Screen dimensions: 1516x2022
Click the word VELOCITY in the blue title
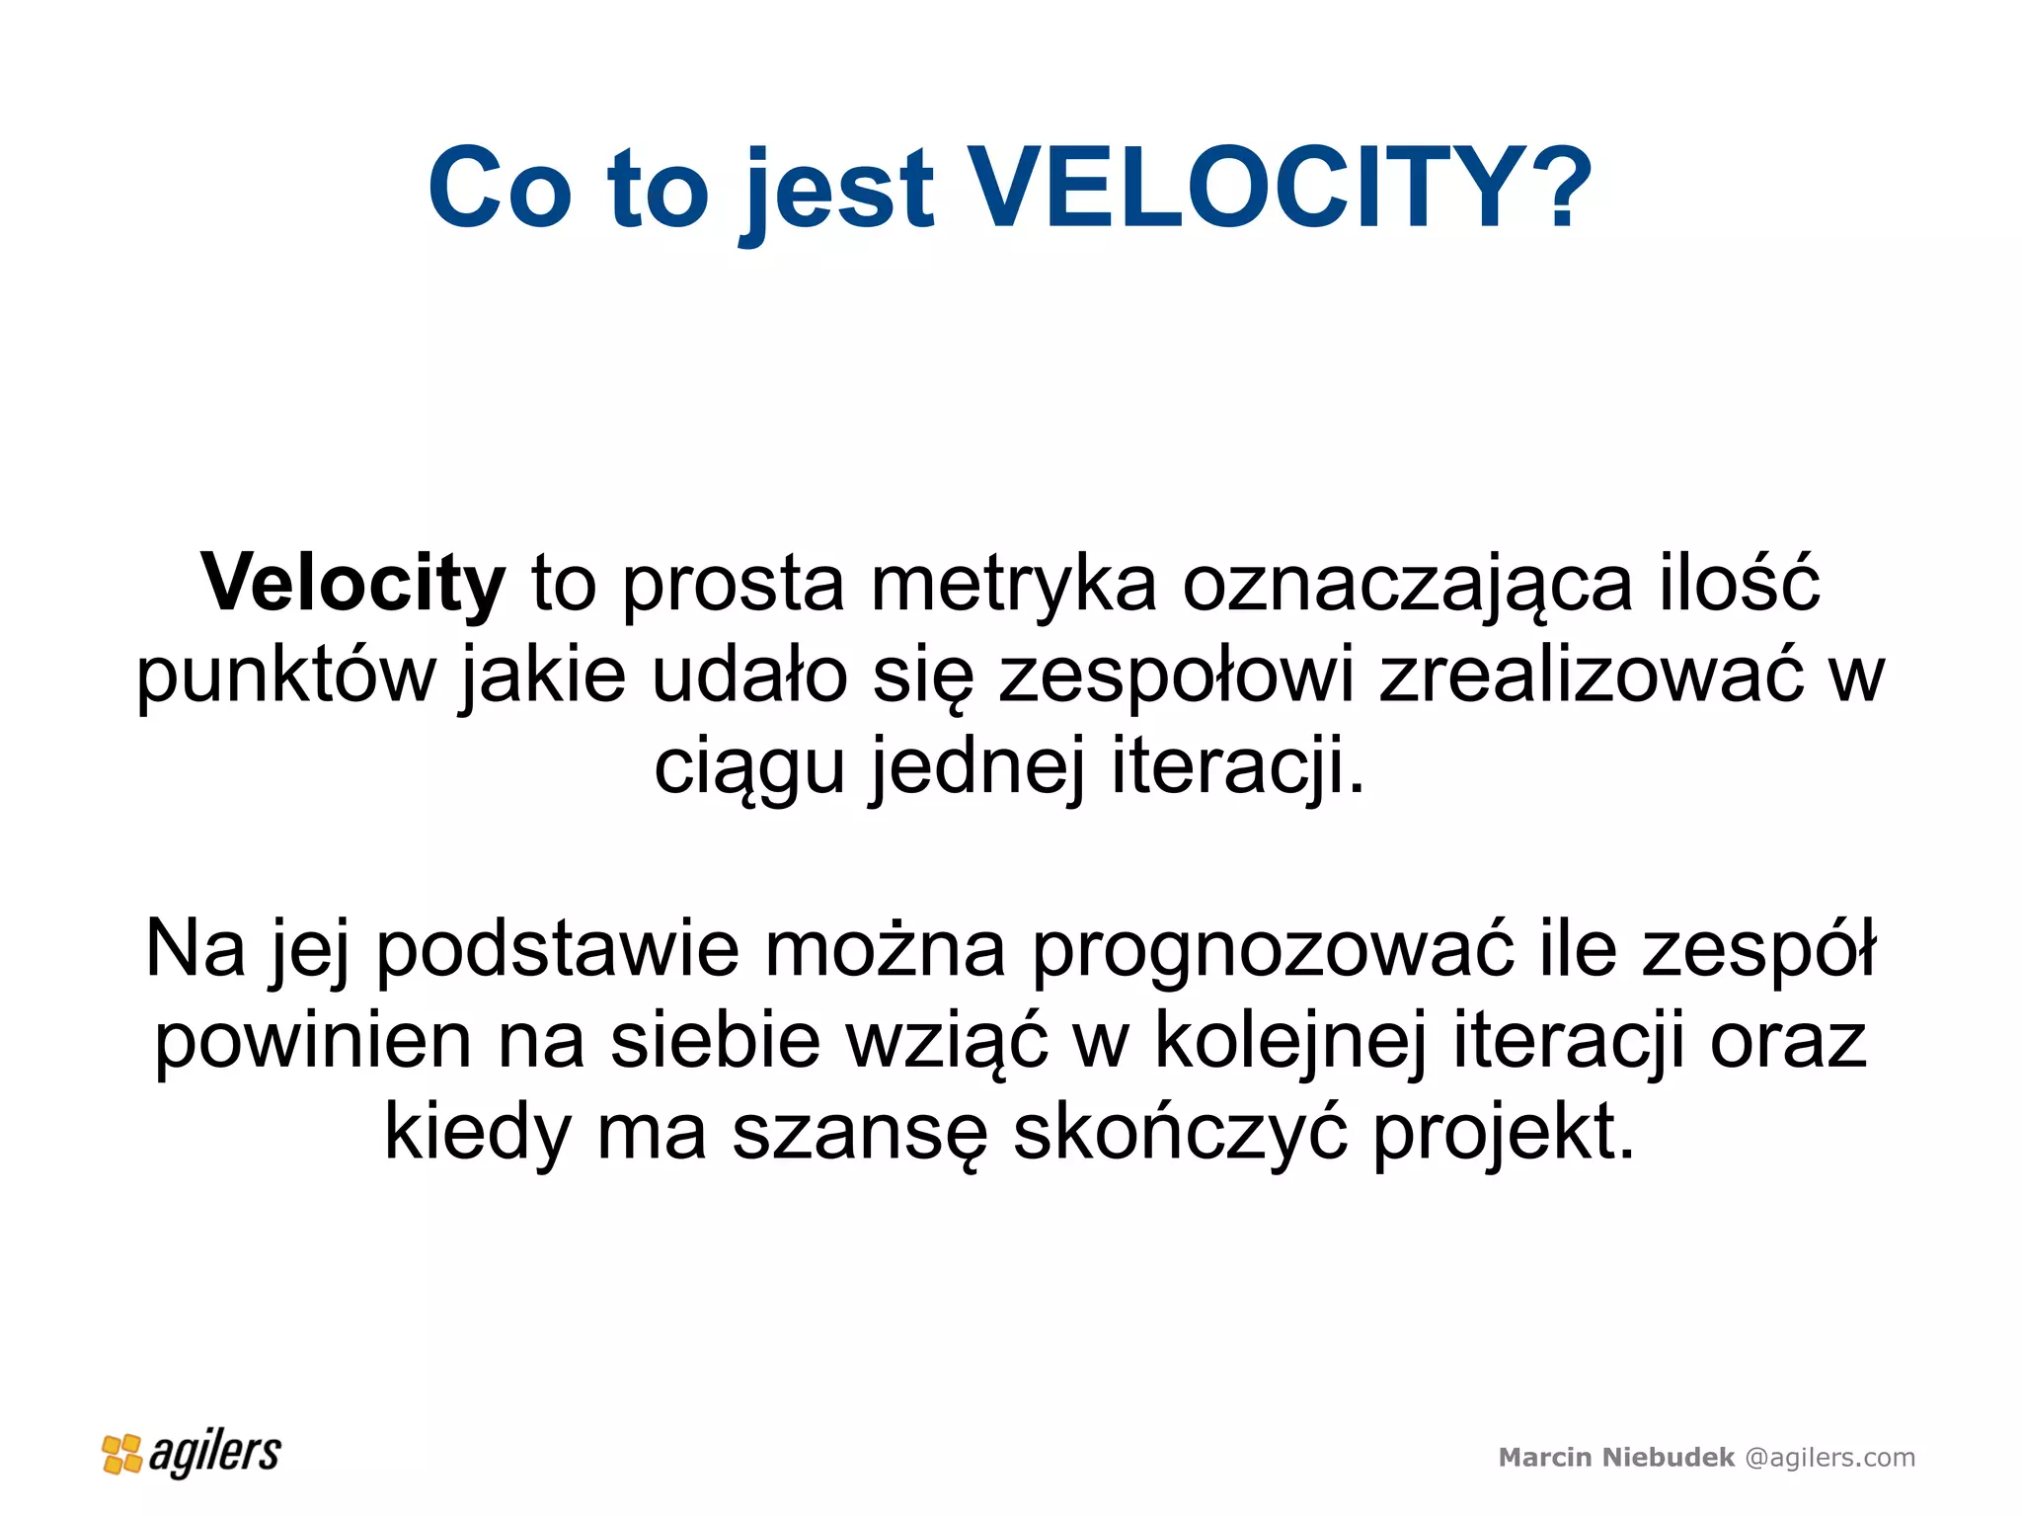click(1249, 188)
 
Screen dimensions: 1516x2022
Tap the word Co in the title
click(500, 188)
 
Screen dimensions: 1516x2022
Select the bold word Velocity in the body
click(352, 583)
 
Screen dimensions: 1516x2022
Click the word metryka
click(1013, 583)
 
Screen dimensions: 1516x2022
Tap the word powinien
click(313, 1041)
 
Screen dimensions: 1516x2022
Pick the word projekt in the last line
click(1503, 1135)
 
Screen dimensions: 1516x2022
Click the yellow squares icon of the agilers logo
click(122, 1454)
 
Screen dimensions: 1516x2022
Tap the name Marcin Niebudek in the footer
click(1616, 1457)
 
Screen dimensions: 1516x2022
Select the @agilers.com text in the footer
click(1829, 1458)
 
